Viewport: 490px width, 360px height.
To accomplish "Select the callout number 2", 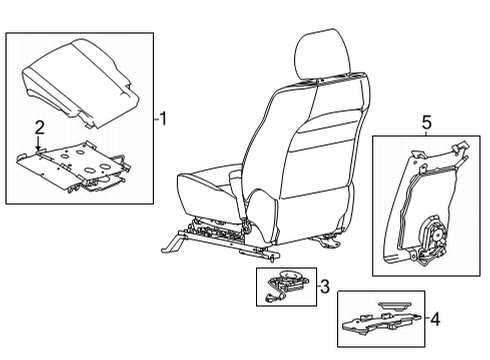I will (x=39, y=126).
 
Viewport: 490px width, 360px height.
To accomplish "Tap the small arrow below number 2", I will (x=39, y=145).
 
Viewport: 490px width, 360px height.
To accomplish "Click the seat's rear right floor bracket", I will (x=328, y=266).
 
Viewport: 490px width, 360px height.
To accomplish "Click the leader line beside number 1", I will (x=156, y=119).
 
